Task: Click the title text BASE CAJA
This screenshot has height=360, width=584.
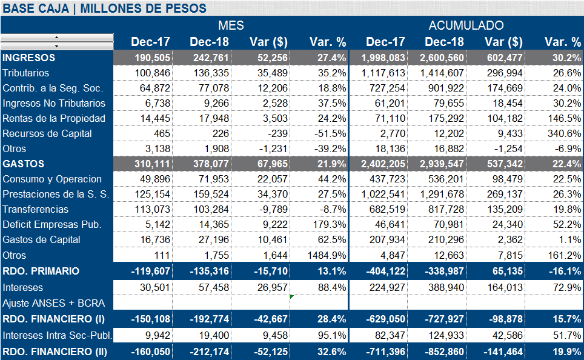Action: coord(38,8)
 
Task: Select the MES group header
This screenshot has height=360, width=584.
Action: coord(231,25)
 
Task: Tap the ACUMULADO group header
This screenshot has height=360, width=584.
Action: coord(466,25)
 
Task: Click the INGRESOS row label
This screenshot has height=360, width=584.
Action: coord(29,58)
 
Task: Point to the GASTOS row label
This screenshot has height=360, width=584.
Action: coord(24,164)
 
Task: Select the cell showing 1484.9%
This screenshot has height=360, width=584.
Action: coord(328,255)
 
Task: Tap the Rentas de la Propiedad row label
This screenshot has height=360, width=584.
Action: coord(54,118)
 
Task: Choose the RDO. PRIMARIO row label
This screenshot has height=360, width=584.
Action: coord(41,271)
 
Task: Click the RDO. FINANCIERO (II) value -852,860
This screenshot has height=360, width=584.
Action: coord(443,352)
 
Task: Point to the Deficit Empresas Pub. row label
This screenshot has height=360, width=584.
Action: coord(52,224)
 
